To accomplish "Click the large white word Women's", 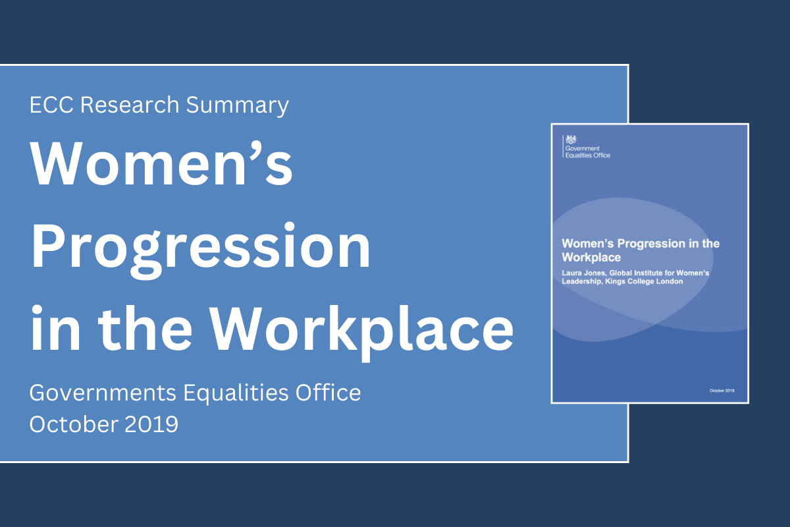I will tap(161, 165).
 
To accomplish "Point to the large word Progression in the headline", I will tap(201, 245).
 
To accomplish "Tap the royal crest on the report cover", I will tap(572, 139).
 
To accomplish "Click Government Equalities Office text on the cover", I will tap(587, 152).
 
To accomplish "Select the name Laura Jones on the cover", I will tap(582, 272).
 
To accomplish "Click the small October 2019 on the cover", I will tap(722, 391).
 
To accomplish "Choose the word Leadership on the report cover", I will tap(583, 281).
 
